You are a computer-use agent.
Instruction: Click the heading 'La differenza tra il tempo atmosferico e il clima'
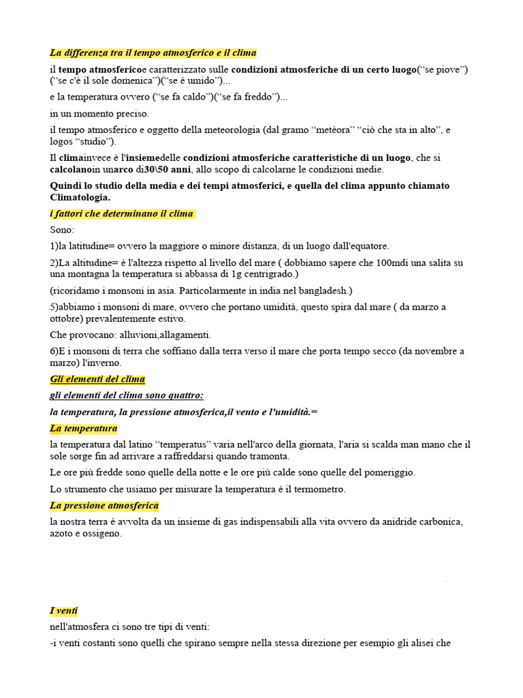tap(153, 53)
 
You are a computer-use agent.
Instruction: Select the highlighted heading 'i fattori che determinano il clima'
tap(122, 214)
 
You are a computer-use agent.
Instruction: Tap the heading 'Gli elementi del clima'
tap(97, 379)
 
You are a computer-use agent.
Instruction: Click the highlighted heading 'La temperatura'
tap(84, 429)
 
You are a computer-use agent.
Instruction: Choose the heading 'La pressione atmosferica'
tap(104, 506)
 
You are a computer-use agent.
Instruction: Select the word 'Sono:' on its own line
tap(62, 230)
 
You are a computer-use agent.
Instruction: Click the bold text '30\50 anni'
tap(168, 169)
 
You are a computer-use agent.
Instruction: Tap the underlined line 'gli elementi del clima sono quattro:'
tap(127, 395)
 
